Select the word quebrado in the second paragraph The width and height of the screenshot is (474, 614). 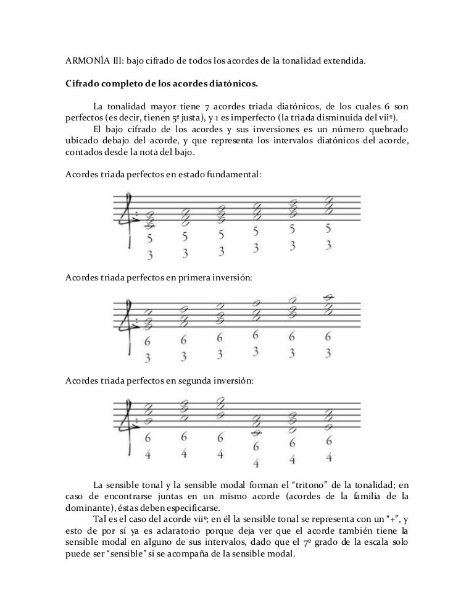389,128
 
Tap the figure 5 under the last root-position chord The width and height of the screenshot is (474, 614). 328,229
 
